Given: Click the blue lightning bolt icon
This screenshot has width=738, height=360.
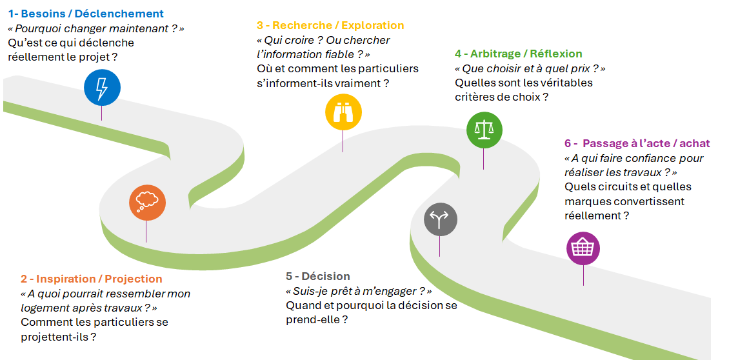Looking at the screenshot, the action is coord(102,88).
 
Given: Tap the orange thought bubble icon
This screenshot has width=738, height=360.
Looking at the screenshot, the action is coord(147,203).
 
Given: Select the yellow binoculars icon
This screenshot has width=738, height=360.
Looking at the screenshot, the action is coord(343,112).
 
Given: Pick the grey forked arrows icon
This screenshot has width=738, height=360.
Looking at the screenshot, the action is coord(440,218).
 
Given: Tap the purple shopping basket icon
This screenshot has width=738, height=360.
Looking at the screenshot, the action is coord(583,248).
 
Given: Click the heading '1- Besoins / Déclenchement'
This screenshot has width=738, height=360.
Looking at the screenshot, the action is coord(86,14).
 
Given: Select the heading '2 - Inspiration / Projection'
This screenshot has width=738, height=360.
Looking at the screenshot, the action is coord(92,279).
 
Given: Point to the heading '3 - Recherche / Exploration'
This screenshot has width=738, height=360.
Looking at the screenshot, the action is coord(330,25).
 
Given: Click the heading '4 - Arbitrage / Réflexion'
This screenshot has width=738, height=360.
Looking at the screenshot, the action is coord(518,54).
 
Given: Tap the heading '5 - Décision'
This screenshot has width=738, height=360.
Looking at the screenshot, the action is coord(317,275).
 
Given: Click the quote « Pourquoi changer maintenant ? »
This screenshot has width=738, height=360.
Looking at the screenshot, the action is coord(96,28).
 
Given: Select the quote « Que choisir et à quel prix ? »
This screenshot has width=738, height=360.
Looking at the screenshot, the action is coord(530,68).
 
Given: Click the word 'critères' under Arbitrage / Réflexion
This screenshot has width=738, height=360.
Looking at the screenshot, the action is coord(474,97).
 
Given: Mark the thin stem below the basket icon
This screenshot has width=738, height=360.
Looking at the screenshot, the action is coord(584,275).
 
